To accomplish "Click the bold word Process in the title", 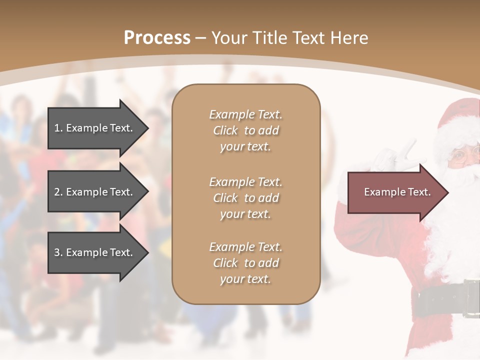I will pyautogui.click(x=157, y=38).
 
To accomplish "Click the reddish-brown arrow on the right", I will pyautogui.click(x=395, y=192).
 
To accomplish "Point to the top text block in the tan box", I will pyautogui.click(x=245, y=130).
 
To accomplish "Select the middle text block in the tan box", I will pyautogui.click(x=245, y=197).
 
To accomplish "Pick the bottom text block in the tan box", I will pyautogui.click(x=245, y=263).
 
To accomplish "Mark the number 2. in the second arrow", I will pyautogui.click(x=58, y=192).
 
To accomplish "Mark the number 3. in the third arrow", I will pyautogui.click(x=58, y=252).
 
